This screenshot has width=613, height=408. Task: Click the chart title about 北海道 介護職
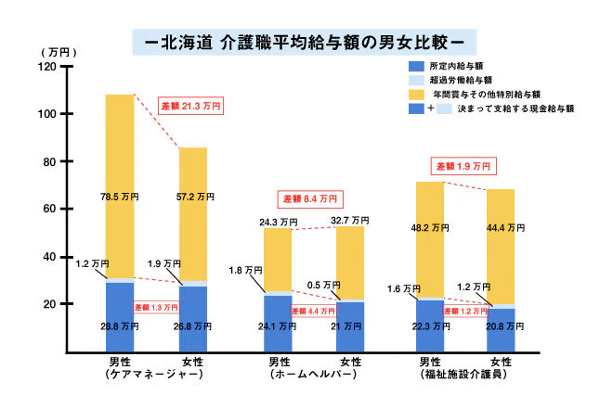point(306,42)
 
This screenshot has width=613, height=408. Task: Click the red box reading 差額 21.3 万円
point(191,106)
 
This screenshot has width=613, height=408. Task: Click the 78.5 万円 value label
point(119,197)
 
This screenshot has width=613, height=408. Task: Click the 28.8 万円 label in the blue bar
point(119,326)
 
